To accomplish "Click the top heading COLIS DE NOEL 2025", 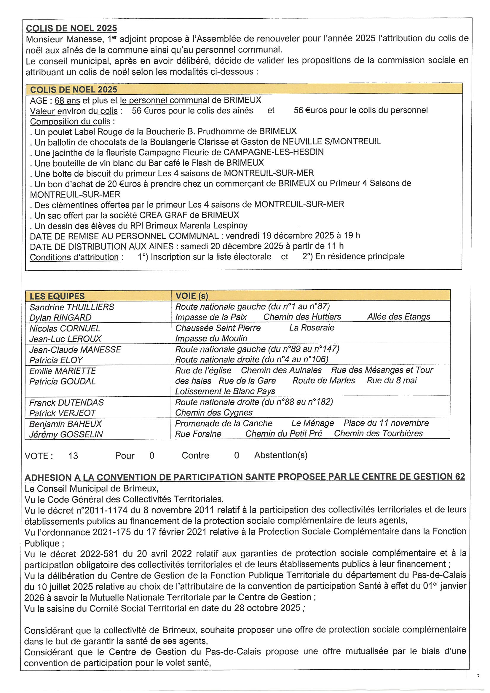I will pyautogui.click(x=71, y=28).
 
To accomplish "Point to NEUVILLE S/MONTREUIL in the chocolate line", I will pyautogui.click(x=332, y=142).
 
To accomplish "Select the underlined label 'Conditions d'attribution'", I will pyautogui.click(x=74, y=257).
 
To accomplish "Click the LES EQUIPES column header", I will pyautogui.click(x=57, y=296).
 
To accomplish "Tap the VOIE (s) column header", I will pyautogui.click(x=192, y=296).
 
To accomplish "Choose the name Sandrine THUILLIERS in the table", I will pyautogui.click(x=72, y=307).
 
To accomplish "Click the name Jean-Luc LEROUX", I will pyautogui.click(x=65, y=339).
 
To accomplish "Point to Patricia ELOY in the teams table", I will pyautogui.click(x=56, y=360).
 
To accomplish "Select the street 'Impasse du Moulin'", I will pyautogui.click(x=211, y=338).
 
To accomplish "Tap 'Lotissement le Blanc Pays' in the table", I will pyautogui.click(x=225, y=391).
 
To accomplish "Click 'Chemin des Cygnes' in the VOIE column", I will pyautogui.click(x=214, y=413).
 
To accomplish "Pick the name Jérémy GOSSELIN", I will pyautogui.click(x=66, y=434).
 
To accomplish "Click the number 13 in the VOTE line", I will pyautogui.click(x=73, y=456).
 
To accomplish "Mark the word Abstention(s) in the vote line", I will pyautogui.click(x=280, y=455).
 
